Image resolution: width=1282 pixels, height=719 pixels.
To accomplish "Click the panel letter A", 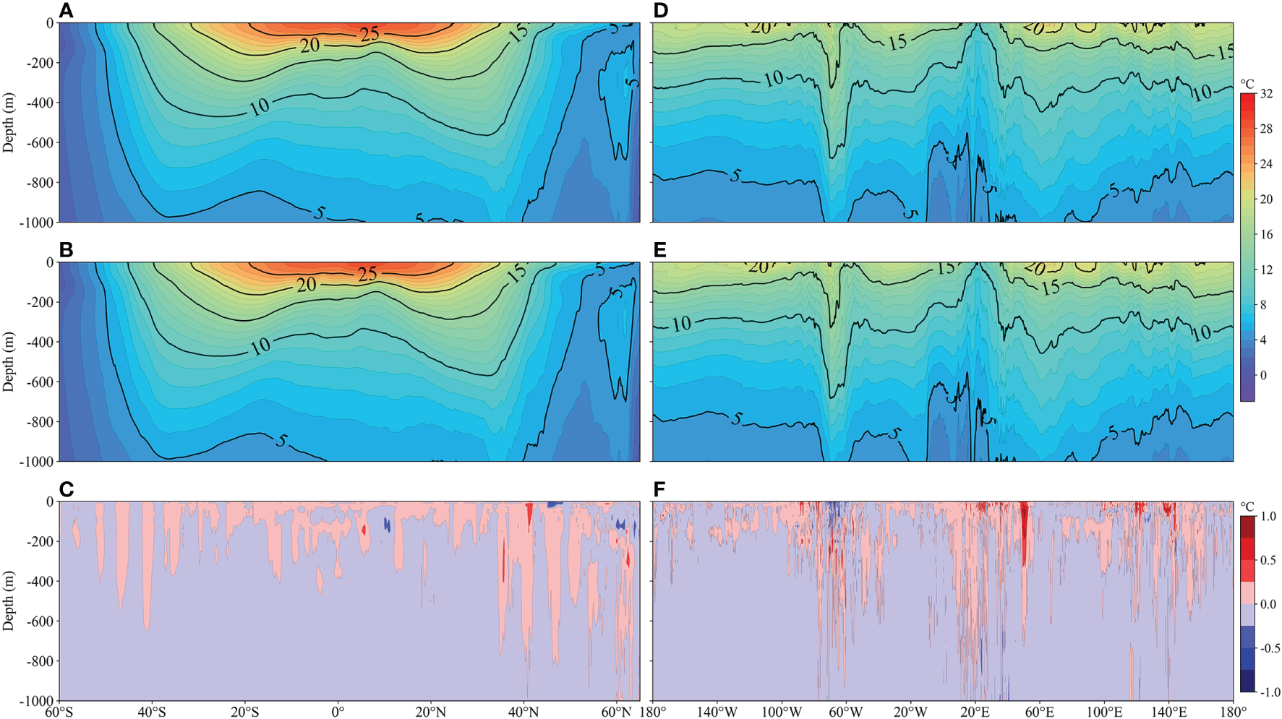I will tap(67, 10).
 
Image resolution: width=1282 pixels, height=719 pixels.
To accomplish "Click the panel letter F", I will tap(659, 490).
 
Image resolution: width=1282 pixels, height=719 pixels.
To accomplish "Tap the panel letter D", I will tap(659, 10).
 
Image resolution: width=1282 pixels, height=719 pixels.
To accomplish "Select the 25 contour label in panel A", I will tap(369, 33).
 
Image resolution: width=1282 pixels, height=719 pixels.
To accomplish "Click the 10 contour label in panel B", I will tap(260, 346).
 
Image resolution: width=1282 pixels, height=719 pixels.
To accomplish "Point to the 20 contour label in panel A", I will tap(310, 45).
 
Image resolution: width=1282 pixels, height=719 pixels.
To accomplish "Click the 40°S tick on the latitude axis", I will tap(152, 712).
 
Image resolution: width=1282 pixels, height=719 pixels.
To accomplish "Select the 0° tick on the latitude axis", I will tap(338, 712).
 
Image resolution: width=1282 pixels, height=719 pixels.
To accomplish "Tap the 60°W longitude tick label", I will tap(845, 712).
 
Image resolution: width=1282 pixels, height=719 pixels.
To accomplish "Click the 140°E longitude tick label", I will tap(1168, 712).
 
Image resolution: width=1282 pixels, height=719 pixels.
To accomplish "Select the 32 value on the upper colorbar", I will tap(1267, 94).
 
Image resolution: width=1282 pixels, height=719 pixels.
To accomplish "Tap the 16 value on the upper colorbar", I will tap(1267, 234).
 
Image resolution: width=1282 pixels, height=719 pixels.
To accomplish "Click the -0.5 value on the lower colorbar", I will tap(1270, 648).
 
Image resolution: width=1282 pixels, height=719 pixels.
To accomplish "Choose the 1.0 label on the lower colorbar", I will tap(1268, 517).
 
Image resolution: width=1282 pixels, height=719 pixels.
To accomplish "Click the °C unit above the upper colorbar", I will tap(1247, 84).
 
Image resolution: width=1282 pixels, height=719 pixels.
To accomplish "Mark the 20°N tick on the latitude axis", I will tap(430, 712).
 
